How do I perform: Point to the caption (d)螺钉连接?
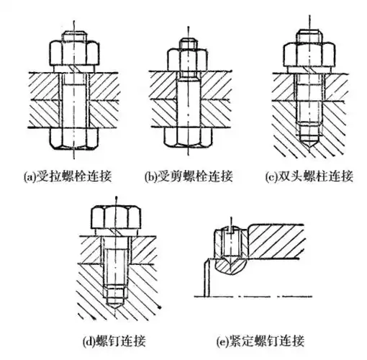click(116, 339)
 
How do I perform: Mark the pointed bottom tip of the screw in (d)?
click(116, 303)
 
